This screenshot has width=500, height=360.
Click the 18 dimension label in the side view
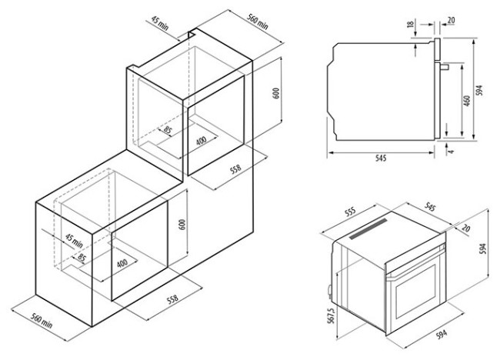(411, 24)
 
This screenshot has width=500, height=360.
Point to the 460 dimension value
(466, 101)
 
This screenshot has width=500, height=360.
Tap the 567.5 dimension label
(331, 316)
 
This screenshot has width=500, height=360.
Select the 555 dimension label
(350, 212)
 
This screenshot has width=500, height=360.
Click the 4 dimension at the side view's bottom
(451, 151)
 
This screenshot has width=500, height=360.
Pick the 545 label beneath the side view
(381, 158)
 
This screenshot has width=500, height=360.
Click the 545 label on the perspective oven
(429, 207)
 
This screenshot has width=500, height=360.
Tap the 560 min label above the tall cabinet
(258, 22)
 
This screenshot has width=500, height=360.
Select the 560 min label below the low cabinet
(42, 321)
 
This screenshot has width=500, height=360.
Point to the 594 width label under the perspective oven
(442, 334)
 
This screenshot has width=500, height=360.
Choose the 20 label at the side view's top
(451, 20)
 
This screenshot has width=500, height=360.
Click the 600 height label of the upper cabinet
(276, 93)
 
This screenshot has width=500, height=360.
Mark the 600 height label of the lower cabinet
(182, 225)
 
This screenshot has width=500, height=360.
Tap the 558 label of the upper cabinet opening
(235, 169)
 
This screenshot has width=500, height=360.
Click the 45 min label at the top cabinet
(159, 23)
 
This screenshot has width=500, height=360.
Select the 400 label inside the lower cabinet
(122, 263)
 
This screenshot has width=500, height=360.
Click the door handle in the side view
(445, 67)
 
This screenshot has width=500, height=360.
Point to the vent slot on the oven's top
(368, 228)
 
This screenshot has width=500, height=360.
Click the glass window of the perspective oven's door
(416, 292)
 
